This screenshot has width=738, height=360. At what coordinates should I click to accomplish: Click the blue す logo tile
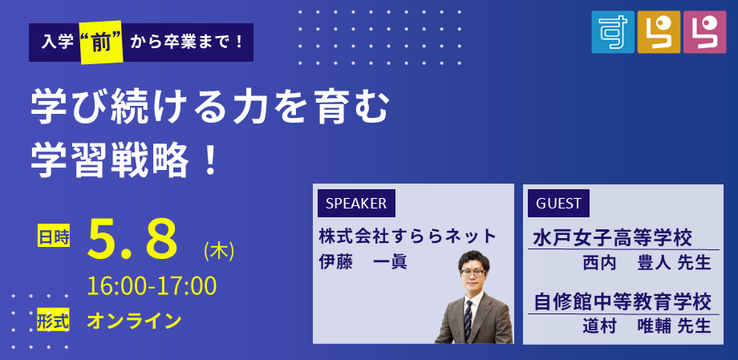(613, 31)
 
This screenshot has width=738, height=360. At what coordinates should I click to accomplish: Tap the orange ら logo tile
(659, 31)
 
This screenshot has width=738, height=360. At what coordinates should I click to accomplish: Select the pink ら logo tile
(704, 31)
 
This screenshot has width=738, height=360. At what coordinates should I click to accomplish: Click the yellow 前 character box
(102, 42)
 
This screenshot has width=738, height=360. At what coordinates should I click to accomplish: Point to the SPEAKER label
(356, 203)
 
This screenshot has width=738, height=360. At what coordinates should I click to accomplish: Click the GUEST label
(558, 203)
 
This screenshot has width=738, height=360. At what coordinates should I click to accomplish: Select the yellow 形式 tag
(53, 322)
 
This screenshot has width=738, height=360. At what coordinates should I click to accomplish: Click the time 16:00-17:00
(152, 285)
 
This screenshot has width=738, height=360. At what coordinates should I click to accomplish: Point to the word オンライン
(134, 322)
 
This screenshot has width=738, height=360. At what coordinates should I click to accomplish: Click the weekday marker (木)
(219, 252)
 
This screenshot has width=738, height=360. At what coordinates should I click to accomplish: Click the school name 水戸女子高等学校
(612, 239)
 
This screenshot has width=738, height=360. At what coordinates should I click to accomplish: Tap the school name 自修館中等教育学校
(622, 302)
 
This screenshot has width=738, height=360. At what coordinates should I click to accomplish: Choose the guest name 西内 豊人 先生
(647, 263)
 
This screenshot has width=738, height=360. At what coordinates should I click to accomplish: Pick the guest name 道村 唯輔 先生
(647, 326)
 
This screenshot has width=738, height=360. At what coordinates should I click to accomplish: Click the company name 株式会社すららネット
(408, 236)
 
